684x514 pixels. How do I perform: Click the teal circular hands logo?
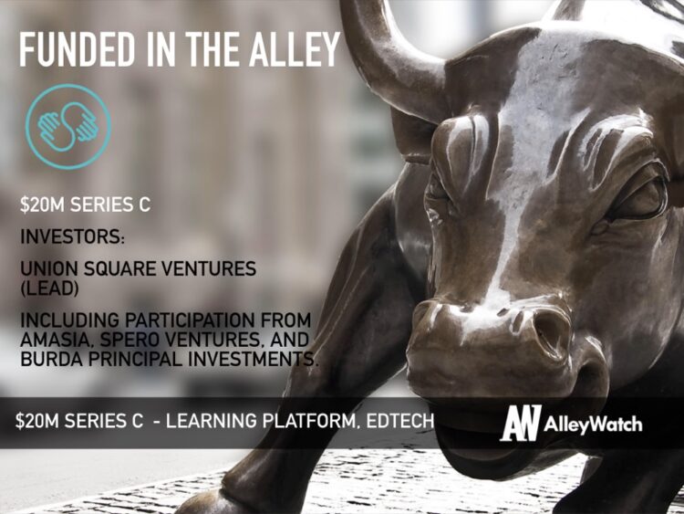[x=67, y=126]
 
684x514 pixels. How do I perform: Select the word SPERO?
[x=124, y=340]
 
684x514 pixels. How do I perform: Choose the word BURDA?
[x=49, y=359]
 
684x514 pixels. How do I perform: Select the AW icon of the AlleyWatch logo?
[x=521, y=424]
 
